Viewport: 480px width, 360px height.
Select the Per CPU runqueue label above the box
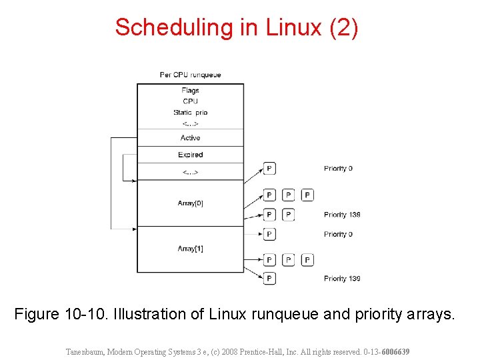(190, 75)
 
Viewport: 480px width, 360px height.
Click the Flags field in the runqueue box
(190, 91)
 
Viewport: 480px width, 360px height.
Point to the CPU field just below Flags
(190, 101)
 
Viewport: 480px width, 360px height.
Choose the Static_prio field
(190, 113)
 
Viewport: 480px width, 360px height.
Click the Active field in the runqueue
(190, 138)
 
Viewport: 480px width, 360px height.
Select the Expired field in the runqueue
(190, 155)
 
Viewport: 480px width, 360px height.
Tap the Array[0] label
(190, 203)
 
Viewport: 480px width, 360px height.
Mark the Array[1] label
(190, 249)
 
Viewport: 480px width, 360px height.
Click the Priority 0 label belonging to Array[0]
(338, 169)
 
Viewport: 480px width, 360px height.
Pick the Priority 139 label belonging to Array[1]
(342, 279)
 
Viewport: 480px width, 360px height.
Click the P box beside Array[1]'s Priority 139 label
(269, 279)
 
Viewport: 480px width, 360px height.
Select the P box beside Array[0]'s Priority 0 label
(269, 169)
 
